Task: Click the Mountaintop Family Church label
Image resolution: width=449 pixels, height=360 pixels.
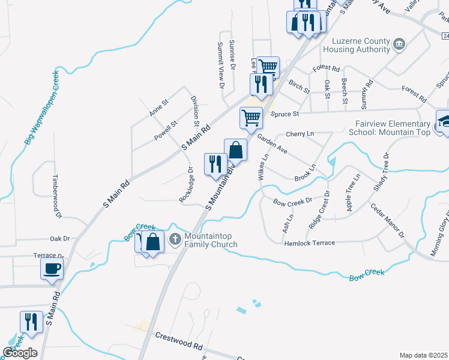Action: pyautogui.click(x=211, y=240)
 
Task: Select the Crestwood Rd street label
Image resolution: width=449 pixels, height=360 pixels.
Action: pyautogui.click(x=178, y=343)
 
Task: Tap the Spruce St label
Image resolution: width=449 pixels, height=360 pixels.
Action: pyautogui.click(x=285, y=113)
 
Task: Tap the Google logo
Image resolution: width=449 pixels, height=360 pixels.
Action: pyautogui.click(x=20, y=352)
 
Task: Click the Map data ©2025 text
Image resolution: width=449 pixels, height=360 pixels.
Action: pyautogui.click(x=423, y=355)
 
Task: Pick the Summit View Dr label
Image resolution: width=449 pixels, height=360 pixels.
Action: pyautogui.click(x=220, y=66)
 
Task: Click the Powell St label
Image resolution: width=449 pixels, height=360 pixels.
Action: pyautogui.click(x=166, y=131)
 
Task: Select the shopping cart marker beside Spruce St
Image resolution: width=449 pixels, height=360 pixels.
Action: pyautogui.click(x=251, y=118)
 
